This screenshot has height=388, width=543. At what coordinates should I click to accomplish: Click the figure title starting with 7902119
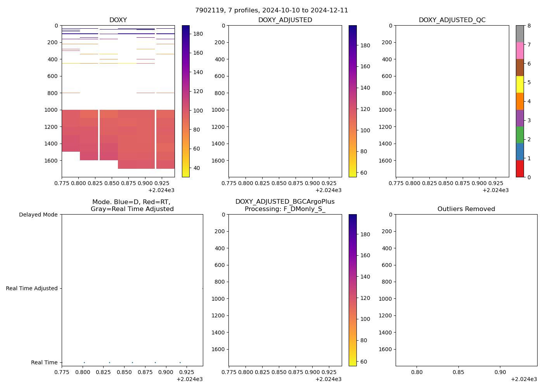pyautogui.click(x=271, y=10)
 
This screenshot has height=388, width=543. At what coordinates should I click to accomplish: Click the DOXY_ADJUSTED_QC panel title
pyautogui.click(x=452, y=20)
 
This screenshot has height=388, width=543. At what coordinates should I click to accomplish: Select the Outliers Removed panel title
pyautogui.click(x=466, y=209)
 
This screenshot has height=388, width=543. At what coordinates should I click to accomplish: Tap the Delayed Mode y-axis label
pyautogui.click(x=38, y=215)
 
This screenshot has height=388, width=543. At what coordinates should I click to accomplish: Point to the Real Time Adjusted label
pyautogui.click(x=32, y=288)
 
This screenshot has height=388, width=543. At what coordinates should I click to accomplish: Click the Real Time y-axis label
pyautogui.click(x=44, y=362)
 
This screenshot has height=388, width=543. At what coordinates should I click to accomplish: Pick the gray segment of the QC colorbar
pyautogui.click(x=520, y=34)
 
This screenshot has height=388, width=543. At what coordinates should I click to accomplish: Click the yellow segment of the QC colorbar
pyautogui.click(x=520, y=84)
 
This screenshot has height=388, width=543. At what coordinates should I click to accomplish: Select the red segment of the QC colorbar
pyautogui.click(x=520, y=169)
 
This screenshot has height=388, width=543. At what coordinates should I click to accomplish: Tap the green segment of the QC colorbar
pyautogui.click(x=520, y=135)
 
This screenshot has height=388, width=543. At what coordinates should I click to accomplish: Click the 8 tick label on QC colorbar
pyautogui.click(x=529, y=26)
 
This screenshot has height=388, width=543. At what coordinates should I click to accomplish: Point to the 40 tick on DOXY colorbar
pyautogui.click(x=197, y=168)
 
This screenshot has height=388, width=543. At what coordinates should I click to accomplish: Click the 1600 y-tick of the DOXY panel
pyautogui.click(x=51, y=161)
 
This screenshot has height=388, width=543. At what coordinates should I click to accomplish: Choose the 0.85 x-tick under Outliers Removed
pyautogui.click(x=458, y=372)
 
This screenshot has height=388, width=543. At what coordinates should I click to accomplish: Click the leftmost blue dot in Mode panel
pyautogui.click(x=84, y=362)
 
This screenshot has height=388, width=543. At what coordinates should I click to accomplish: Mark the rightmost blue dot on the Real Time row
pyautogui.click(x=180, y=362)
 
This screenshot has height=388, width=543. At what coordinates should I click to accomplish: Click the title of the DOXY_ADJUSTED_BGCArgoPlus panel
pyautogui.click(x=285, y=205)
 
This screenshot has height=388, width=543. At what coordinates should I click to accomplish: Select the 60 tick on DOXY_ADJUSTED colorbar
pyautogui.click(x=364, y=173)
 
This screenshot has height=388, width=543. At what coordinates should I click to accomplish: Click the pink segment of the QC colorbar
pyautogui.click(x=520, y=50)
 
